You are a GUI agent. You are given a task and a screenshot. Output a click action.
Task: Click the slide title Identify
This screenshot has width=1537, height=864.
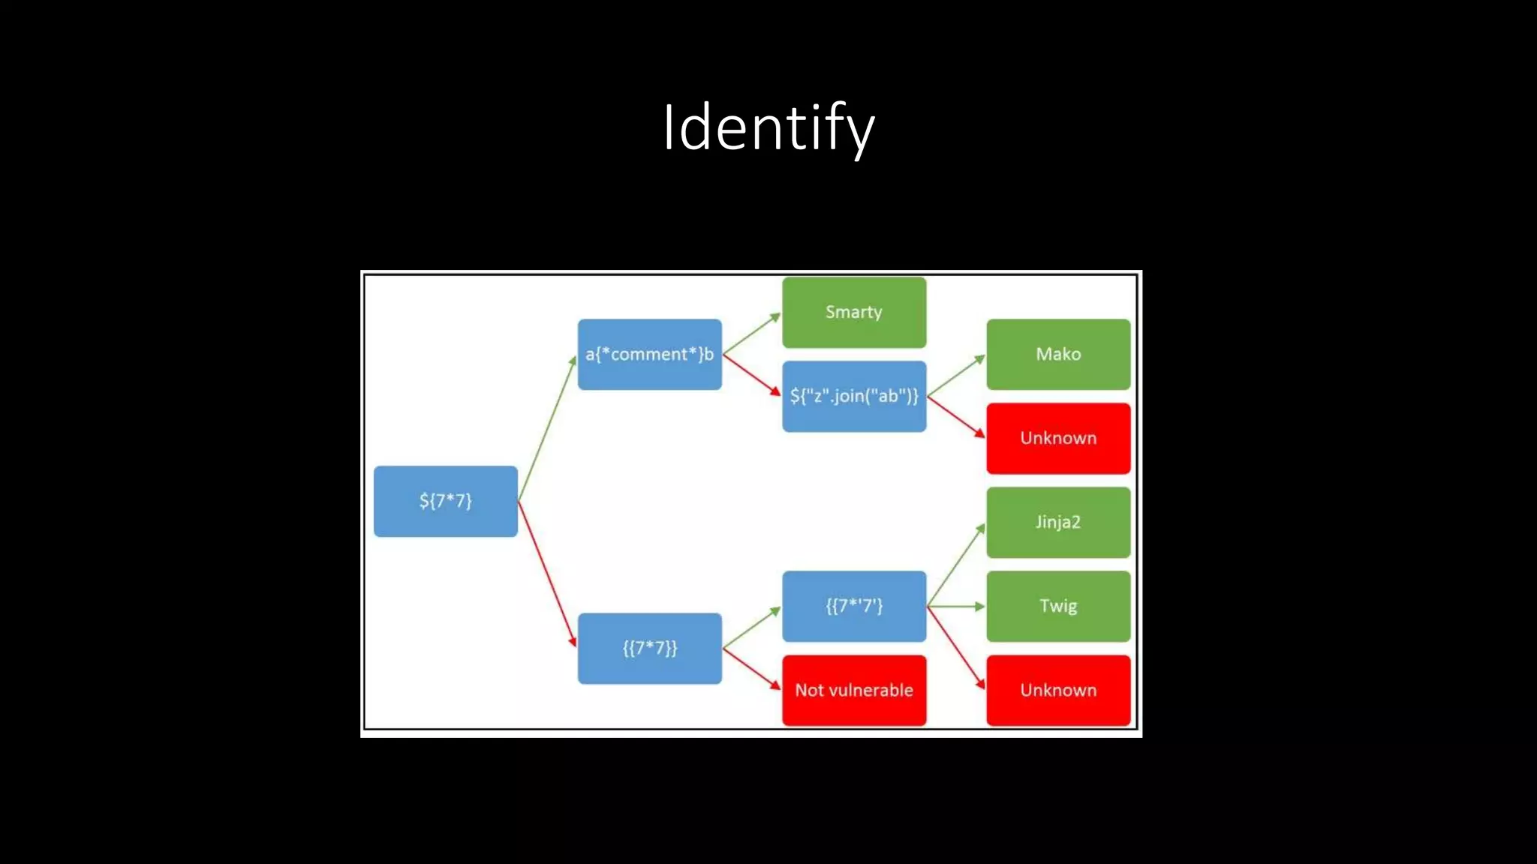(768, 127)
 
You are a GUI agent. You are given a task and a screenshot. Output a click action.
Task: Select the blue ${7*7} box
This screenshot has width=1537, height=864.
(445, 501)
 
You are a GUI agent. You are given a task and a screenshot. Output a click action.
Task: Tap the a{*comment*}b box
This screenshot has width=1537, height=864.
(649, 354)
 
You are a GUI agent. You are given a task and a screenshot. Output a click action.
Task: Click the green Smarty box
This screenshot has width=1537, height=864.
(853, 312)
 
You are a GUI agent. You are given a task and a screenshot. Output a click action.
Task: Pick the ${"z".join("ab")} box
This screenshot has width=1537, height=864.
(853, 396)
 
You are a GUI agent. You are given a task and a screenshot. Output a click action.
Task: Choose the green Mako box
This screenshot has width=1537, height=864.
(1057, 354)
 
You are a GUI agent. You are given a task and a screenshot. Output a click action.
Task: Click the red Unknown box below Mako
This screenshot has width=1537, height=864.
(1057, 438)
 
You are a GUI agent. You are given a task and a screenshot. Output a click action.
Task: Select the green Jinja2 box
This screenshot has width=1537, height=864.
(1057, 522)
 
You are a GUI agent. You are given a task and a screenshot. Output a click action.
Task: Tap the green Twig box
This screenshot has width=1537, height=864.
(1057, 606)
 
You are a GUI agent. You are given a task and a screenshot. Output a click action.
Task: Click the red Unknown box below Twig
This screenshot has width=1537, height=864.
(1057, 690)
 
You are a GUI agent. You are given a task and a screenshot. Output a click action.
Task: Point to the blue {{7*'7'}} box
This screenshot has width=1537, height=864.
(853, 606)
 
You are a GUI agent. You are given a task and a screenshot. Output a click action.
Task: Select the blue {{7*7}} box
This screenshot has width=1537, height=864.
(649, 648)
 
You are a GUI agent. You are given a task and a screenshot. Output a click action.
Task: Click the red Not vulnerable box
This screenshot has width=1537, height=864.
(853, 690)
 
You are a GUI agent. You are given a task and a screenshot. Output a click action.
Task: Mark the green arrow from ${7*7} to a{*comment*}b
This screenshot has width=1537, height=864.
(547, 427)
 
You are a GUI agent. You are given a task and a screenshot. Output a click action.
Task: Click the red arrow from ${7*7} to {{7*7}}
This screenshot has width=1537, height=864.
(547, 574)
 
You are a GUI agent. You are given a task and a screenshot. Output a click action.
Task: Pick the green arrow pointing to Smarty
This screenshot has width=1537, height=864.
(751, 334)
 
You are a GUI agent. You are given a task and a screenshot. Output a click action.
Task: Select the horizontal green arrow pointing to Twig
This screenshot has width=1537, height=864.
(956, 606)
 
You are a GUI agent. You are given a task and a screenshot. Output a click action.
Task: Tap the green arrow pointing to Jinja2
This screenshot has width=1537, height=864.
(956, 564)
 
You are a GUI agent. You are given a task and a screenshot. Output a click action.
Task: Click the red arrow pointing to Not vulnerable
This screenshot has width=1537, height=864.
(751, 669)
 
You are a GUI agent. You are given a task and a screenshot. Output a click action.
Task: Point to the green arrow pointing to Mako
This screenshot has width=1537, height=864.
(956, 376)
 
